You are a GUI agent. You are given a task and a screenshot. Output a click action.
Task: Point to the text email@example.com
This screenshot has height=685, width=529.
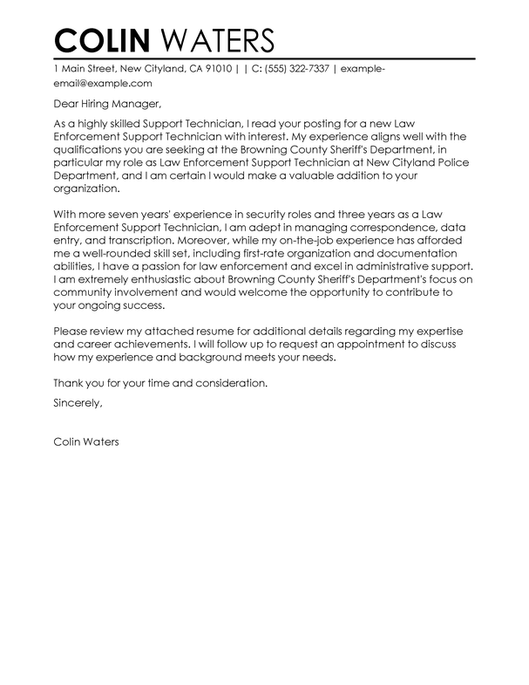(103, 84)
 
